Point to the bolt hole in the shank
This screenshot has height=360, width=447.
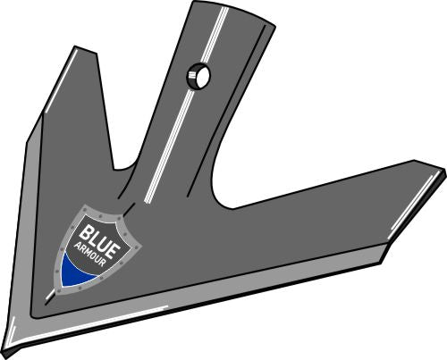pos(198,77)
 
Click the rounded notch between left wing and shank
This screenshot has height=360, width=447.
pos(128,165)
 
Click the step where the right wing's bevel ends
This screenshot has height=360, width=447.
pos(383,259)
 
